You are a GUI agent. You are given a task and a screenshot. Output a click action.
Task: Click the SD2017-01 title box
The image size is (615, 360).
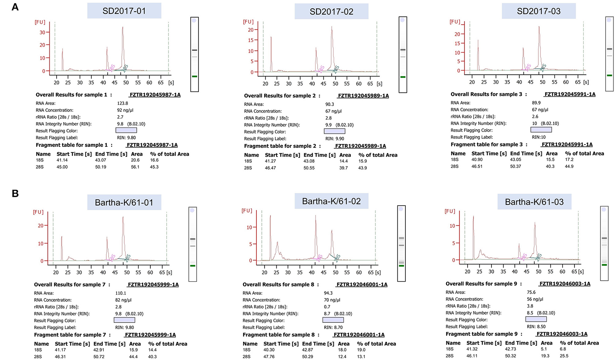[124, 11]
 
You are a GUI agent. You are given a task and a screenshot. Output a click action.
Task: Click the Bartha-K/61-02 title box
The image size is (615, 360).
[331, 201]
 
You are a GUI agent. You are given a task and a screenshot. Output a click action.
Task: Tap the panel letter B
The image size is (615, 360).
[15, 193]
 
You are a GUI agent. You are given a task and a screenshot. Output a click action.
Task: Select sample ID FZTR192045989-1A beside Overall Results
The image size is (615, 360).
[363, 96]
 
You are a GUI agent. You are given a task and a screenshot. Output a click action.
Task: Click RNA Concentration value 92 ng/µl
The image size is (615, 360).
[125, 110]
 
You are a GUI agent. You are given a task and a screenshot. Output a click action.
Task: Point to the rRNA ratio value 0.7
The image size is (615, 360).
[327, 307]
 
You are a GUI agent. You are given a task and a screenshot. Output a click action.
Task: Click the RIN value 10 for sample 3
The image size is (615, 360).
[534, 124]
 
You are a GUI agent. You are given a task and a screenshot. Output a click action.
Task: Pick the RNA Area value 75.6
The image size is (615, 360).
[531, 292]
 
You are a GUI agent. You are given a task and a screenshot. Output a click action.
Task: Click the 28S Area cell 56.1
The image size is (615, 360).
[135, 167]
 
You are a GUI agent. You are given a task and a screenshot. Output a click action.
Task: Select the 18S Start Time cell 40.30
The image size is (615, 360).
[269, 350]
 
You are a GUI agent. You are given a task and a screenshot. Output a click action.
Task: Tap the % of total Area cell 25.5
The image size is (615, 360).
[564, 356]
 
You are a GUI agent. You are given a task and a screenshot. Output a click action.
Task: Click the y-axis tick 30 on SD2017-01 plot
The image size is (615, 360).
[42, 32]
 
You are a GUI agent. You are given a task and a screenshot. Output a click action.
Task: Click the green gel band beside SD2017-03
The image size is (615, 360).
[609, 75]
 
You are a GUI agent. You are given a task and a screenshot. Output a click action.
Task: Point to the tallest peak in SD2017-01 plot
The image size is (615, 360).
[123, 28]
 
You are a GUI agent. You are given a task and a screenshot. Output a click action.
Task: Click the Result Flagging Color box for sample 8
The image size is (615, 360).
[333, 320]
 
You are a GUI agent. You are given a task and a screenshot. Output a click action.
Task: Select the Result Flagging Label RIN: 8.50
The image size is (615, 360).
[536, 327]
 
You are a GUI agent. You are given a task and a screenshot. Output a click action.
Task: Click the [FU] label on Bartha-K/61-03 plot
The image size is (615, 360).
[450, 211]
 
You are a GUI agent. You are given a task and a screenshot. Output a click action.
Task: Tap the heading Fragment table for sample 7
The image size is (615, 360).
[72, 335]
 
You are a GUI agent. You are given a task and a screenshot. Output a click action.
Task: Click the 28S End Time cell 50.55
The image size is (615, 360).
[309, 168]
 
